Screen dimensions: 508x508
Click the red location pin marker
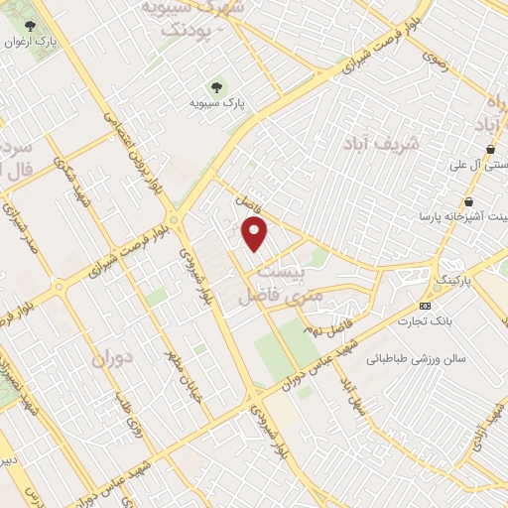[256, 234]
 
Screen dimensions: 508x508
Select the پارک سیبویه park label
[220, 102]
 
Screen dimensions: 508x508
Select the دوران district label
[111, 357]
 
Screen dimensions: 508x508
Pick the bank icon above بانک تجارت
[426, 304]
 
